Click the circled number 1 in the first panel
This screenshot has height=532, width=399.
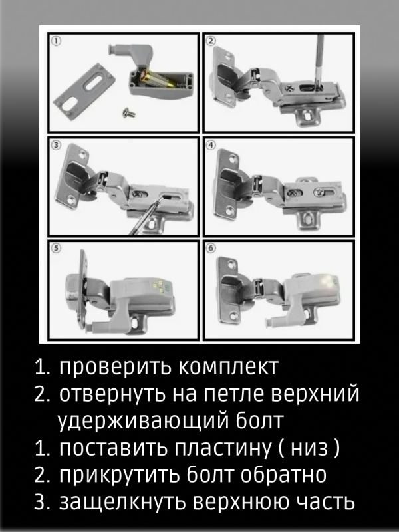pos(57,41)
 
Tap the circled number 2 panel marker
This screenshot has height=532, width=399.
pos(211,41)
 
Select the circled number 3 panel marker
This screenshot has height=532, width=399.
pos(57,144)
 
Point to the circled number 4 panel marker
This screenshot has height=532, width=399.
pos(211,144)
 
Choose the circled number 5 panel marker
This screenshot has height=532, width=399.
pos(57,249)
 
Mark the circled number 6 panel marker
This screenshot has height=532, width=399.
pos(211,249)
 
